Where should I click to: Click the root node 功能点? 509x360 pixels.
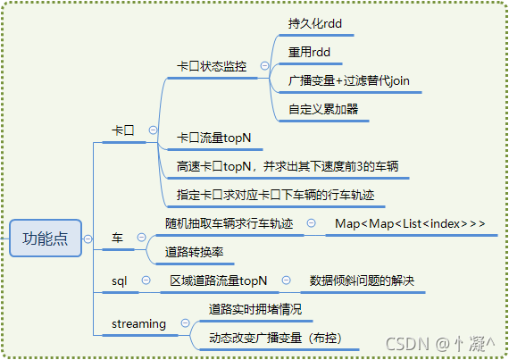click(46, 239)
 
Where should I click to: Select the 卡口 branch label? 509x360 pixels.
click(122, 130)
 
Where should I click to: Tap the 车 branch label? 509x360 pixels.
click(117, 237)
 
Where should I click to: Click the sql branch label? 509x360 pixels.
click(120, 280)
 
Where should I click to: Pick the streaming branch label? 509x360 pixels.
click(138, 323)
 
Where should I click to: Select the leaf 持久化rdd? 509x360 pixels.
click(315, 23)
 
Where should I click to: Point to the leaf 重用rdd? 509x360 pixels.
click(309, 52)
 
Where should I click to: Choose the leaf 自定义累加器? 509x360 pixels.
click(323, 109)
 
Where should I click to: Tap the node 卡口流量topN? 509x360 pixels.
click(213, 137)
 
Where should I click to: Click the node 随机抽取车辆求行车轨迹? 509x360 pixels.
click(229, 222)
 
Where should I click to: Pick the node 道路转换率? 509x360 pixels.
click(194, 252)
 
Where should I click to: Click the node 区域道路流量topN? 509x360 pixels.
click(218, 280)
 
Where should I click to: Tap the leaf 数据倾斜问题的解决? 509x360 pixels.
click(362, 280)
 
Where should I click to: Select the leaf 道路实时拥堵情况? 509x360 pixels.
click(255, 309)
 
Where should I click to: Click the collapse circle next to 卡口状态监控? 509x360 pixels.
click(264, 66)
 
